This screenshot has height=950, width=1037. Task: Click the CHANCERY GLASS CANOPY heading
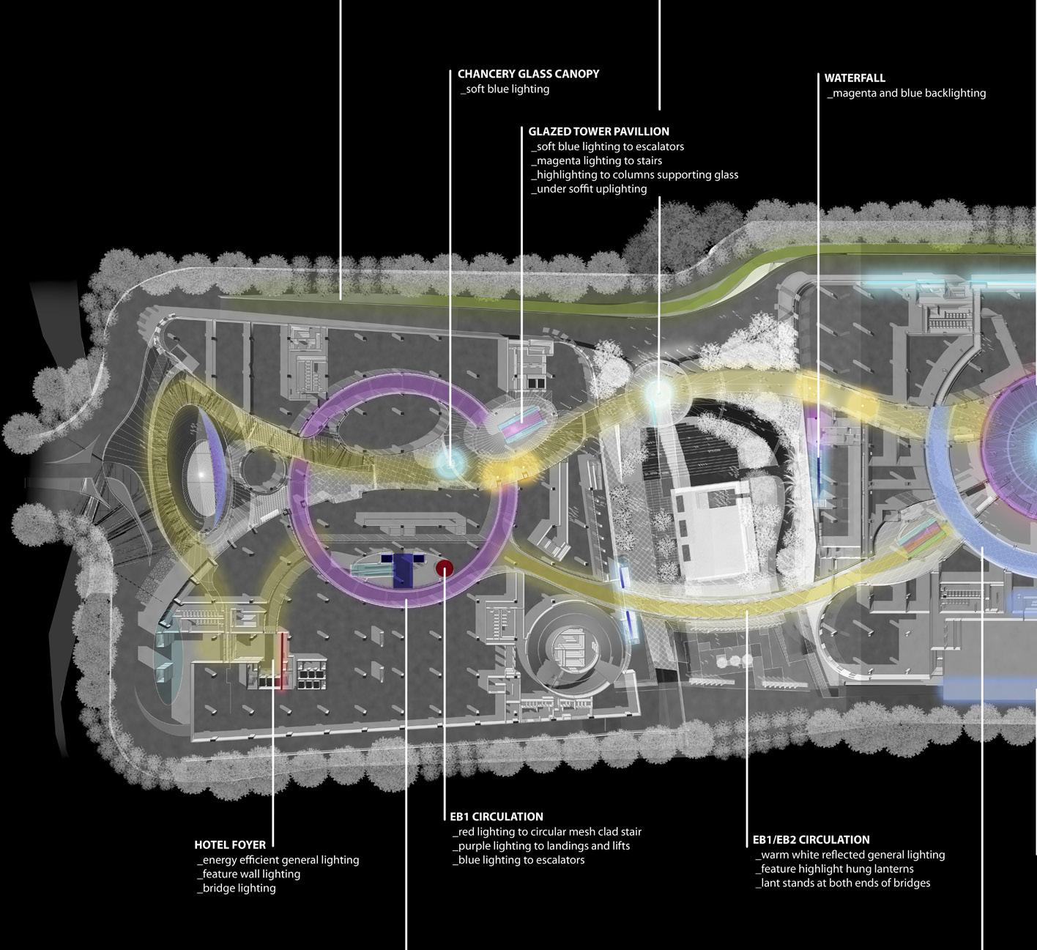pos(528,74)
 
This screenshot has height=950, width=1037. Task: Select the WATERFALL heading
pos(855,78)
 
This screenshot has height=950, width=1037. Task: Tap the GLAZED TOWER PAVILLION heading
pos(598,132)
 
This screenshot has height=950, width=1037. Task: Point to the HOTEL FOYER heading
pos(230,845)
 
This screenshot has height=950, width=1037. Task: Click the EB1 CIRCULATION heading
pos(497,817)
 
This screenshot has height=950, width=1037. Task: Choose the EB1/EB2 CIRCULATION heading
pos(811,839)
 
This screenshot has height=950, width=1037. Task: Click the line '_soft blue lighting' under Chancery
pos(505,89)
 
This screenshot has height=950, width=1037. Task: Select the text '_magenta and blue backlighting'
pos(906,93)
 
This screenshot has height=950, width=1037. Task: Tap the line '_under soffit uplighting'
pos(589,189)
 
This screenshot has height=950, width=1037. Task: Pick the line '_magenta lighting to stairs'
pos(596,160)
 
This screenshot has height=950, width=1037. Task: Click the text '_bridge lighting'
pos(236,888)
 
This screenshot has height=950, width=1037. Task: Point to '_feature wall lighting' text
pos(248,874)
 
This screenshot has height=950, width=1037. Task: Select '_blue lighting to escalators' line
pos(518,860)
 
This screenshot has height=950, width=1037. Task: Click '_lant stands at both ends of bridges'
pos(842,883)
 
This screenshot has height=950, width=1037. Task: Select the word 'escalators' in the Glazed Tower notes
pos(656,146)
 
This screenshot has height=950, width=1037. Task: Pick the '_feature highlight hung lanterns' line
pos(834,869)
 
